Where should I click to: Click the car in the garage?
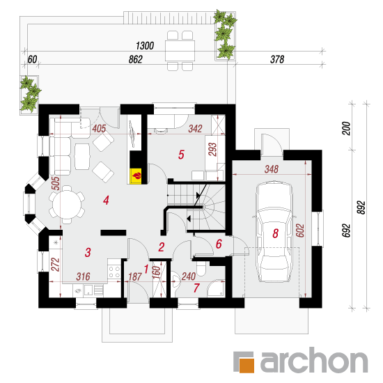(274, 232)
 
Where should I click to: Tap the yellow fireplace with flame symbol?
(136, 175)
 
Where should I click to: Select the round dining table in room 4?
(67, 205)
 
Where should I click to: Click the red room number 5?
(181, 155)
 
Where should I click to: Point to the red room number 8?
(276, 233)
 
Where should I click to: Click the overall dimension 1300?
(145, 46)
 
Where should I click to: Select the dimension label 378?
(277, 59)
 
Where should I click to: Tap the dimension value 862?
(136, 59)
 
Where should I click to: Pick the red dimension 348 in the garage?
(272, 169)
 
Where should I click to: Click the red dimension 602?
(300, 230)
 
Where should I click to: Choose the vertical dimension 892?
(361, 208)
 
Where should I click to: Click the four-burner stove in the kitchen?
(114, 272)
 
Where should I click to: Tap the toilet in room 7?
(201, 268)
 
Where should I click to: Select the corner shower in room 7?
(217, 289)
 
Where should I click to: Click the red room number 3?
(88, 252)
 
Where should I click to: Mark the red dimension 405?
(99, 129)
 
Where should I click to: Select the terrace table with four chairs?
(180, 51)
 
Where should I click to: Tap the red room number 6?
(219, 244)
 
